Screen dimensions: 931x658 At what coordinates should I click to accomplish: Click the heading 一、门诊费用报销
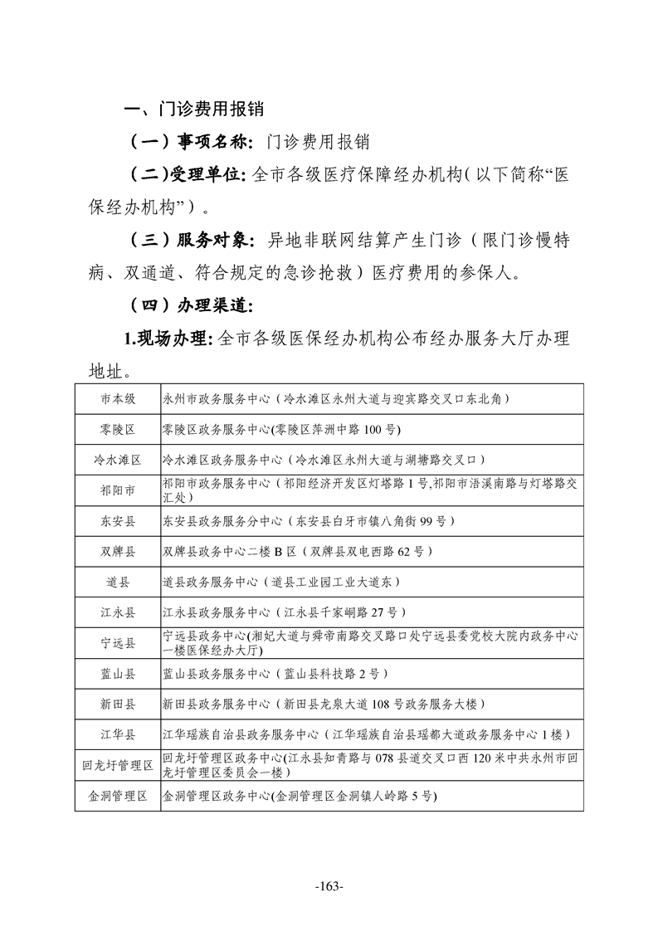point(193,110)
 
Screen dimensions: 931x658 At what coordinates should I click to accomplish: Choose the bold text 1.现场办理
point(168,338)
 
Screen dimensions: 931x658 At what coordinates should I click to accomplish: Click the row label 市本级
point(117,398)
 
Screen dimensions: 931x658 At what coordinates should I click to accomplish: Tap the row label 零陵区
point(117,429)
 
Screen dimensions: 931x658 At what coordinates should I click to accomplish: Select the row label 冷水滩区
point(117,460)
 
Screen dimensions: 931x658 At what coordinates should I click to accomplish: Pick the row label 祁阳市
point(117,490)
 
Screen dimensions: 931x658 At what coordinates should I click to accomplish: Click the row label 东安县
point(117,521)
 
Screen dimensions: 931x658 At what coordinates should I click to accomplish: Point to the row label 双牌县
point(117,552)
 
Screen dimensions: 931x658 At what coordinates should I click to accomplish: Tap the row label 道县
point(117,582)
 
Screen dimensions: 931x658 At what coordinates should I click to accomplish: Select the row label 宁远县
point(117,643)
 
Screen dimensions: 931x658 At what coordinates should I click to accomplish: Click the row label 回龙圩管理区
point(117,765)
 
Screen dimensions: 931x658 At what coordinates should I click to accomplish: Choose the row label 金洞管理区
point(117,796)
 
